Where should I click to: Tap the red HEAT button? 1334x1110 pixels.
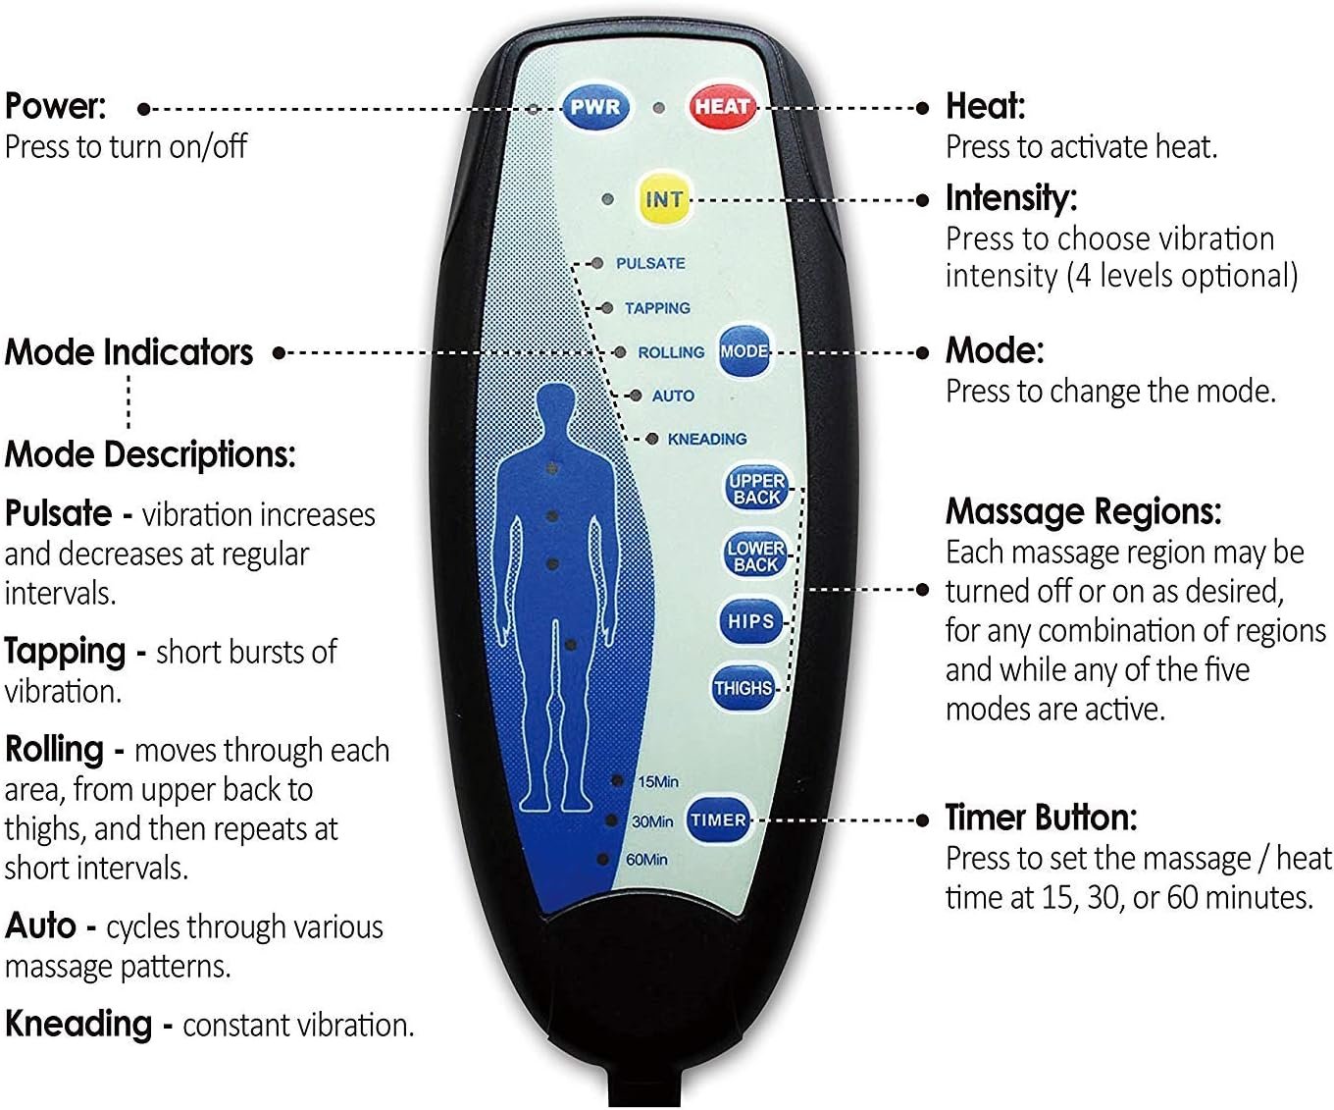tap(722, 106)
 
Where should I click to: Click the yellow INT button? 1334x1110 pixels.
tap(663, 199)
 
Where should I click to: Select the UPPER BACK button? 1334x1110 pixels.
tap(756, 489)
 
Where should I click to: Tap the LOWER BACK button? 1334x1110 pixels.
tap(755, 555)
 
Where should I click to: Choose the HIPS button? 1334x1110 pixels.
tap(751, 621)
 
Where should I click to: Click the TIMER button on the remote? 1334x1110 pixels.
tap(718, 819)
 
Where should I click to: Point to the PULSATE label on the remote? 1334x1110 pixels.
tap(650, 263)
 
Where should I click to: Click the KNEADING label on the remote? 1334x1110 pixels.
tap(706, 439)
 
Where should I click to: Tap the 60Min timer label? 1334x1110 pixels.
tap(646, 860)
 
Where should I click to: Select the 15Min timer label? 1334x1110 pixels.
tap(657, 781)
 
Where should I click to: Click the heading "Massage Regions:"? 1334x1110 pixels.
tap(1083, 511)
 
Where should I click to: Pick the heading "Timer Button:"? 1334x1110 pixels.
tap(1041, 818)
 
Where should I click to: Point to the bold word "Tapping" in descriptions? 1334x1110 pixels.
tap(66, 651)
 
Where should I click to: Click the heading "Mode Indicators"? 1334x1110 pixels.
tap(128, 352)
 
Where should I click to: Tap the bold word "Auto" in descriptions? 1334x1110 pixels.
tap(40, 925)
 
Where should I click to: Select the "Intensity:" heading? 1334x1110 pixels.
tap(1010, 198)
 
